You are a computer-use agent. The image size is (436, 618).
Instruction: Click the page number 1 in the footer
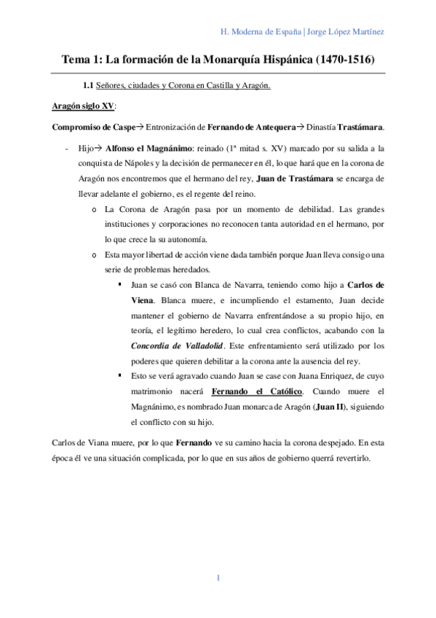pyautogui.click(x=218, y=578)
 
